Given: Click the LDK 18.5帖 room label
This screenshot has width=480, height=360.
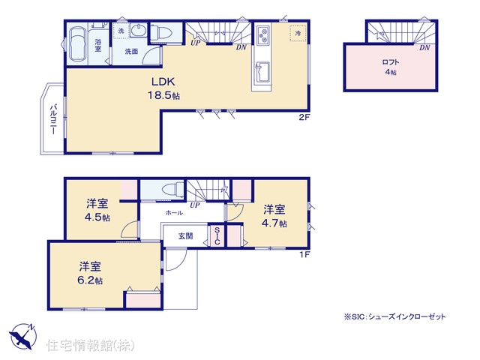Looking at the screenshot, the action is (163, 88).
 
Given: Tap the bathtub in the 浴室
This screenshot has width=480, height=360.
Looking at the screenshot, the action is (77, 45).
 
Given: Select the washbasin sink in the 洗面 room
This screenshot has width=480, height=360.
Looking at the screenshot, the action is (139, 31).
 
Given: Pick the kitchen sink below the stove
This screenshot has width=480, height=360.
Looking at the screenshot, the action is (262, 72).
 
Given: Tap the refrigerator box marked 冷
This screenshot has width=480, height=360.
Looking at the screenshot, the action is (298, 33).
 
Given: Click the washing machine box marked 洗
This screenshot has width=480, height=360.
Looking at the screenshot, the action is (121, 31).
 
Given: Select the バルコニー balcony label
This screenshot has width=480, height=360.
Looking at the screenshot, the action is (53, 120).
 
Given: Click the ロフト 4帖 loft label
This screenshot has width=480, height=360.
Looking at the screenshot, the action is (390, 67).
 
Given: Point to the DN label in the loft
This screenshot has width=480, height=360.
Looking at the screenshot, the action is (424, 48).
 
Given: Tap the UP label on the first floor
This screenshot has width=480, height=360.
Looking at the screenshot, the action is (195, 205).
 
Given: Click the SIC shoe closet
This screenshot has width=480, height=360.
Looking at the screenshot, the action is (217, 235).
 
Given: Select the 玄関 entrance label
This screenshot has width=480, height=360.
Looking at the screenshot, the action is (185, 236).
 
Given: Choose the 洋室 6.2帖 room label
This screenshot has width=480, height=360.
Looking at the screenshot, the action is (90, 273).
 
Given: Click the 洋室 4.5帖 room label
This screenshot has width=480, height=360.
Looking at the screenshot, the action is (97, 210).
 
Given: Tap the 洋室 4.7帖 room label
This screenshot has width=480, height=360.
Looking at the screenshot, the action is (274, 217).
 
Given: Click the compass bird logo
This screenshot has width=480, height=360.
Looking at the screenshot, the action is (23, 336).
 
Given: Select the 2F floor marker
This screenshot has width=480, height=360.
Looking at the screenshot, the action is (304, 117).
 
